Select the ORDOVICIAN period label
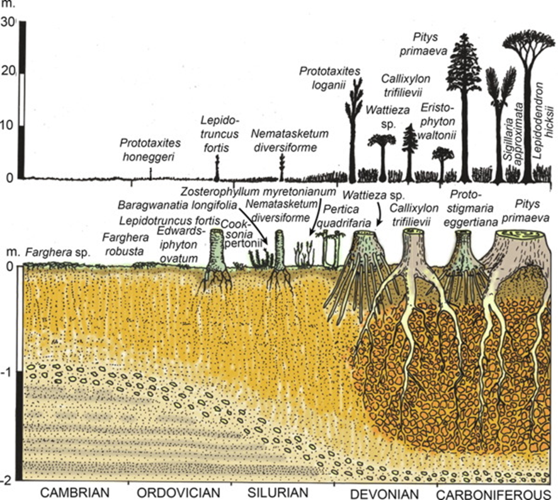pyautogui.click(x=174, y=492)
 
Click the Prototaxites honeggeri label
pyautogui.click(x=149, y=149)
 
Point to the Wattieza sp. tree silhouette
pyautogui.click(x=382, y=158)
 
